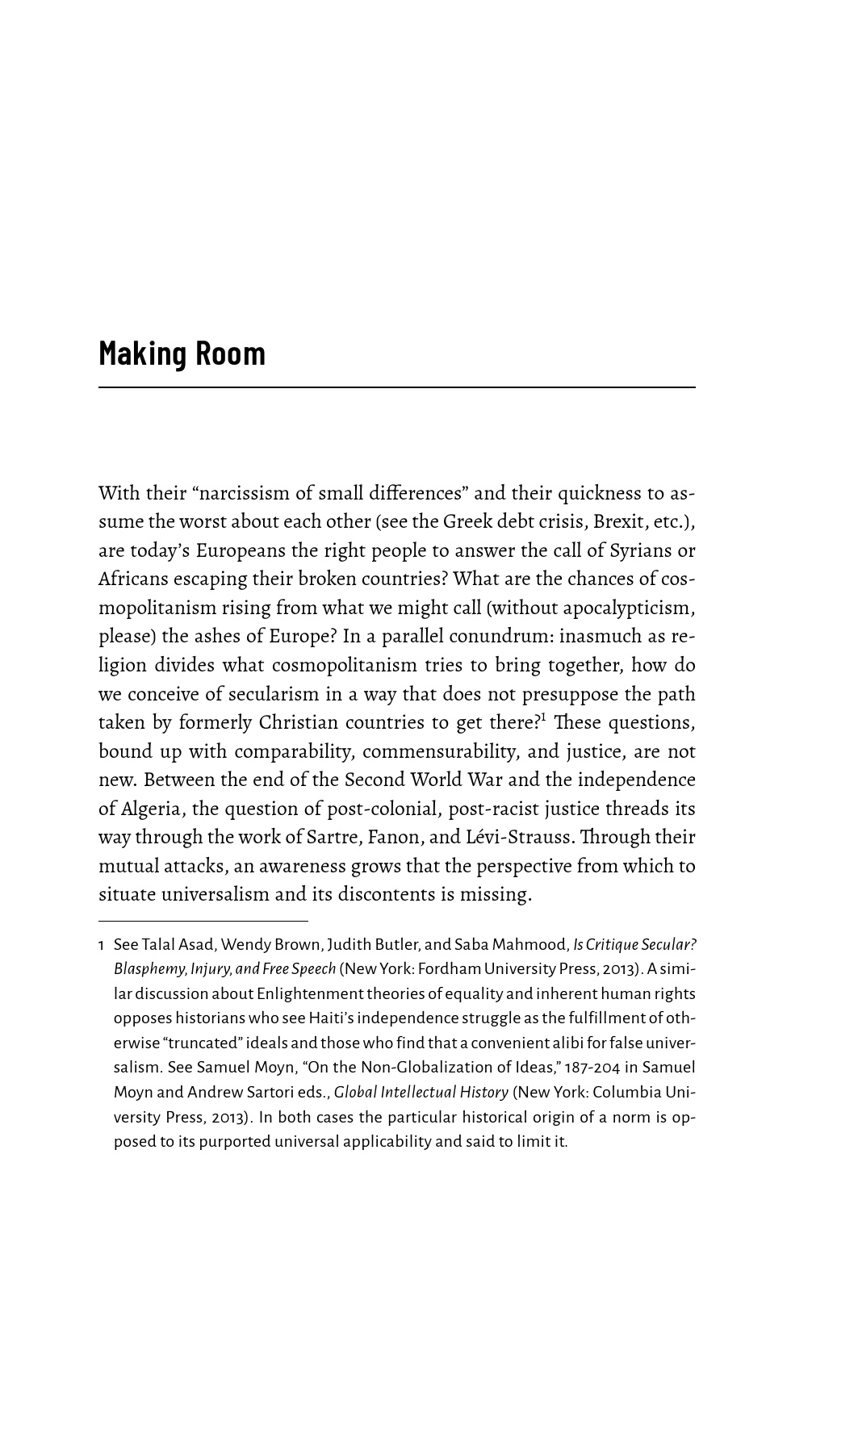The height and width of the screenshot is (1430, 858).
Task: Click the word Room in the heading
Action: click(x=230, y=354)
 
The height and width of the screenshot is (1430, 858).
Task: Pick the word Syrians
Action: click(x=632, y=550)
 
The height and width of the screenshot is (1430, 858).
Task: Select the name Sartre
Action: click(x=330, y=837)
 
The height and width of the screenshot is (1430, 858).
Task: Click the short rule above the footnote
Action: click(x=203, y=920)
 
